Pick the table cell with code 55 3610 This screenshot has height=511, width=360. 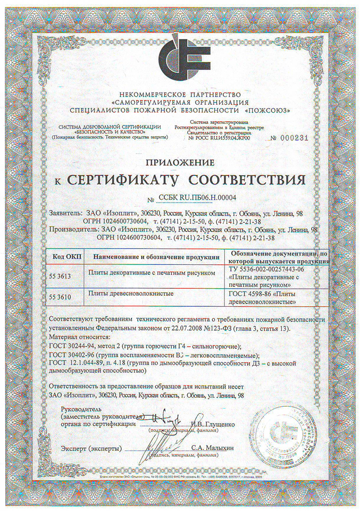click(x=62, y=294)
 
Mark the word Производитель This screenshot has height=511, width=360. click(x=73, y=230)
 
